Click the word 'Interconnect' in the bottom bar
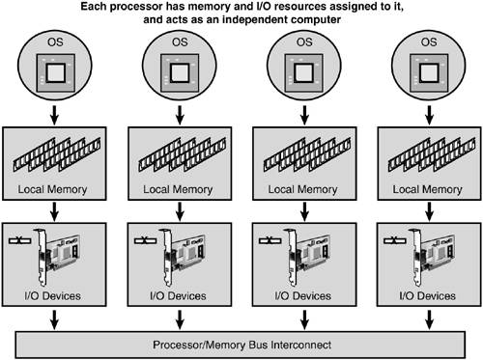click(x=300, y=345)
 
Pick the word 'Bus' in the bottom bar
click(x=258, y=345)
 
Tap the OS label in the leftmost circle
click(x=55, y=42)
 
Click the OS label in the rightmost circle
click(x=429, y=42)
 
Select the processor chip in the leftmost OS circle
click(x=56, y=72)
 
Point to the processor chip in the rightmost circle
click(x=429, y=72)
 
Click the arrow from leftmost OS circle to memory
click(x=54, y=115)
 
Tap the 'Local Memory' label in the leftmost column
click(x=52, y=189)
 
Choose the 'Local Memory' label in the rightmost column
click(x=427, y=189)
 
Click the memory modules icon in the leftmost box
click(x=57, y=154)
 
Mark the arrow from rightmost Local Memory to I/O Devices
click(x=429, y=211)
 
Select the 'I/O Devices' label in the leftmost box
click(x=52, y=295)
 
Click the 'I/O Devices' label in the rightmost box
click(x=427, y=295)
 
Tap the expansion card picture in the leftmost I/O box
click(x=57, y=257)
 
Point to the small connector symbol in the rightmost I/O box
click(x=395, y=240)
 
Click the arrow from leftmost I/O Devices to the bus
click(x=54, y=319)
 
